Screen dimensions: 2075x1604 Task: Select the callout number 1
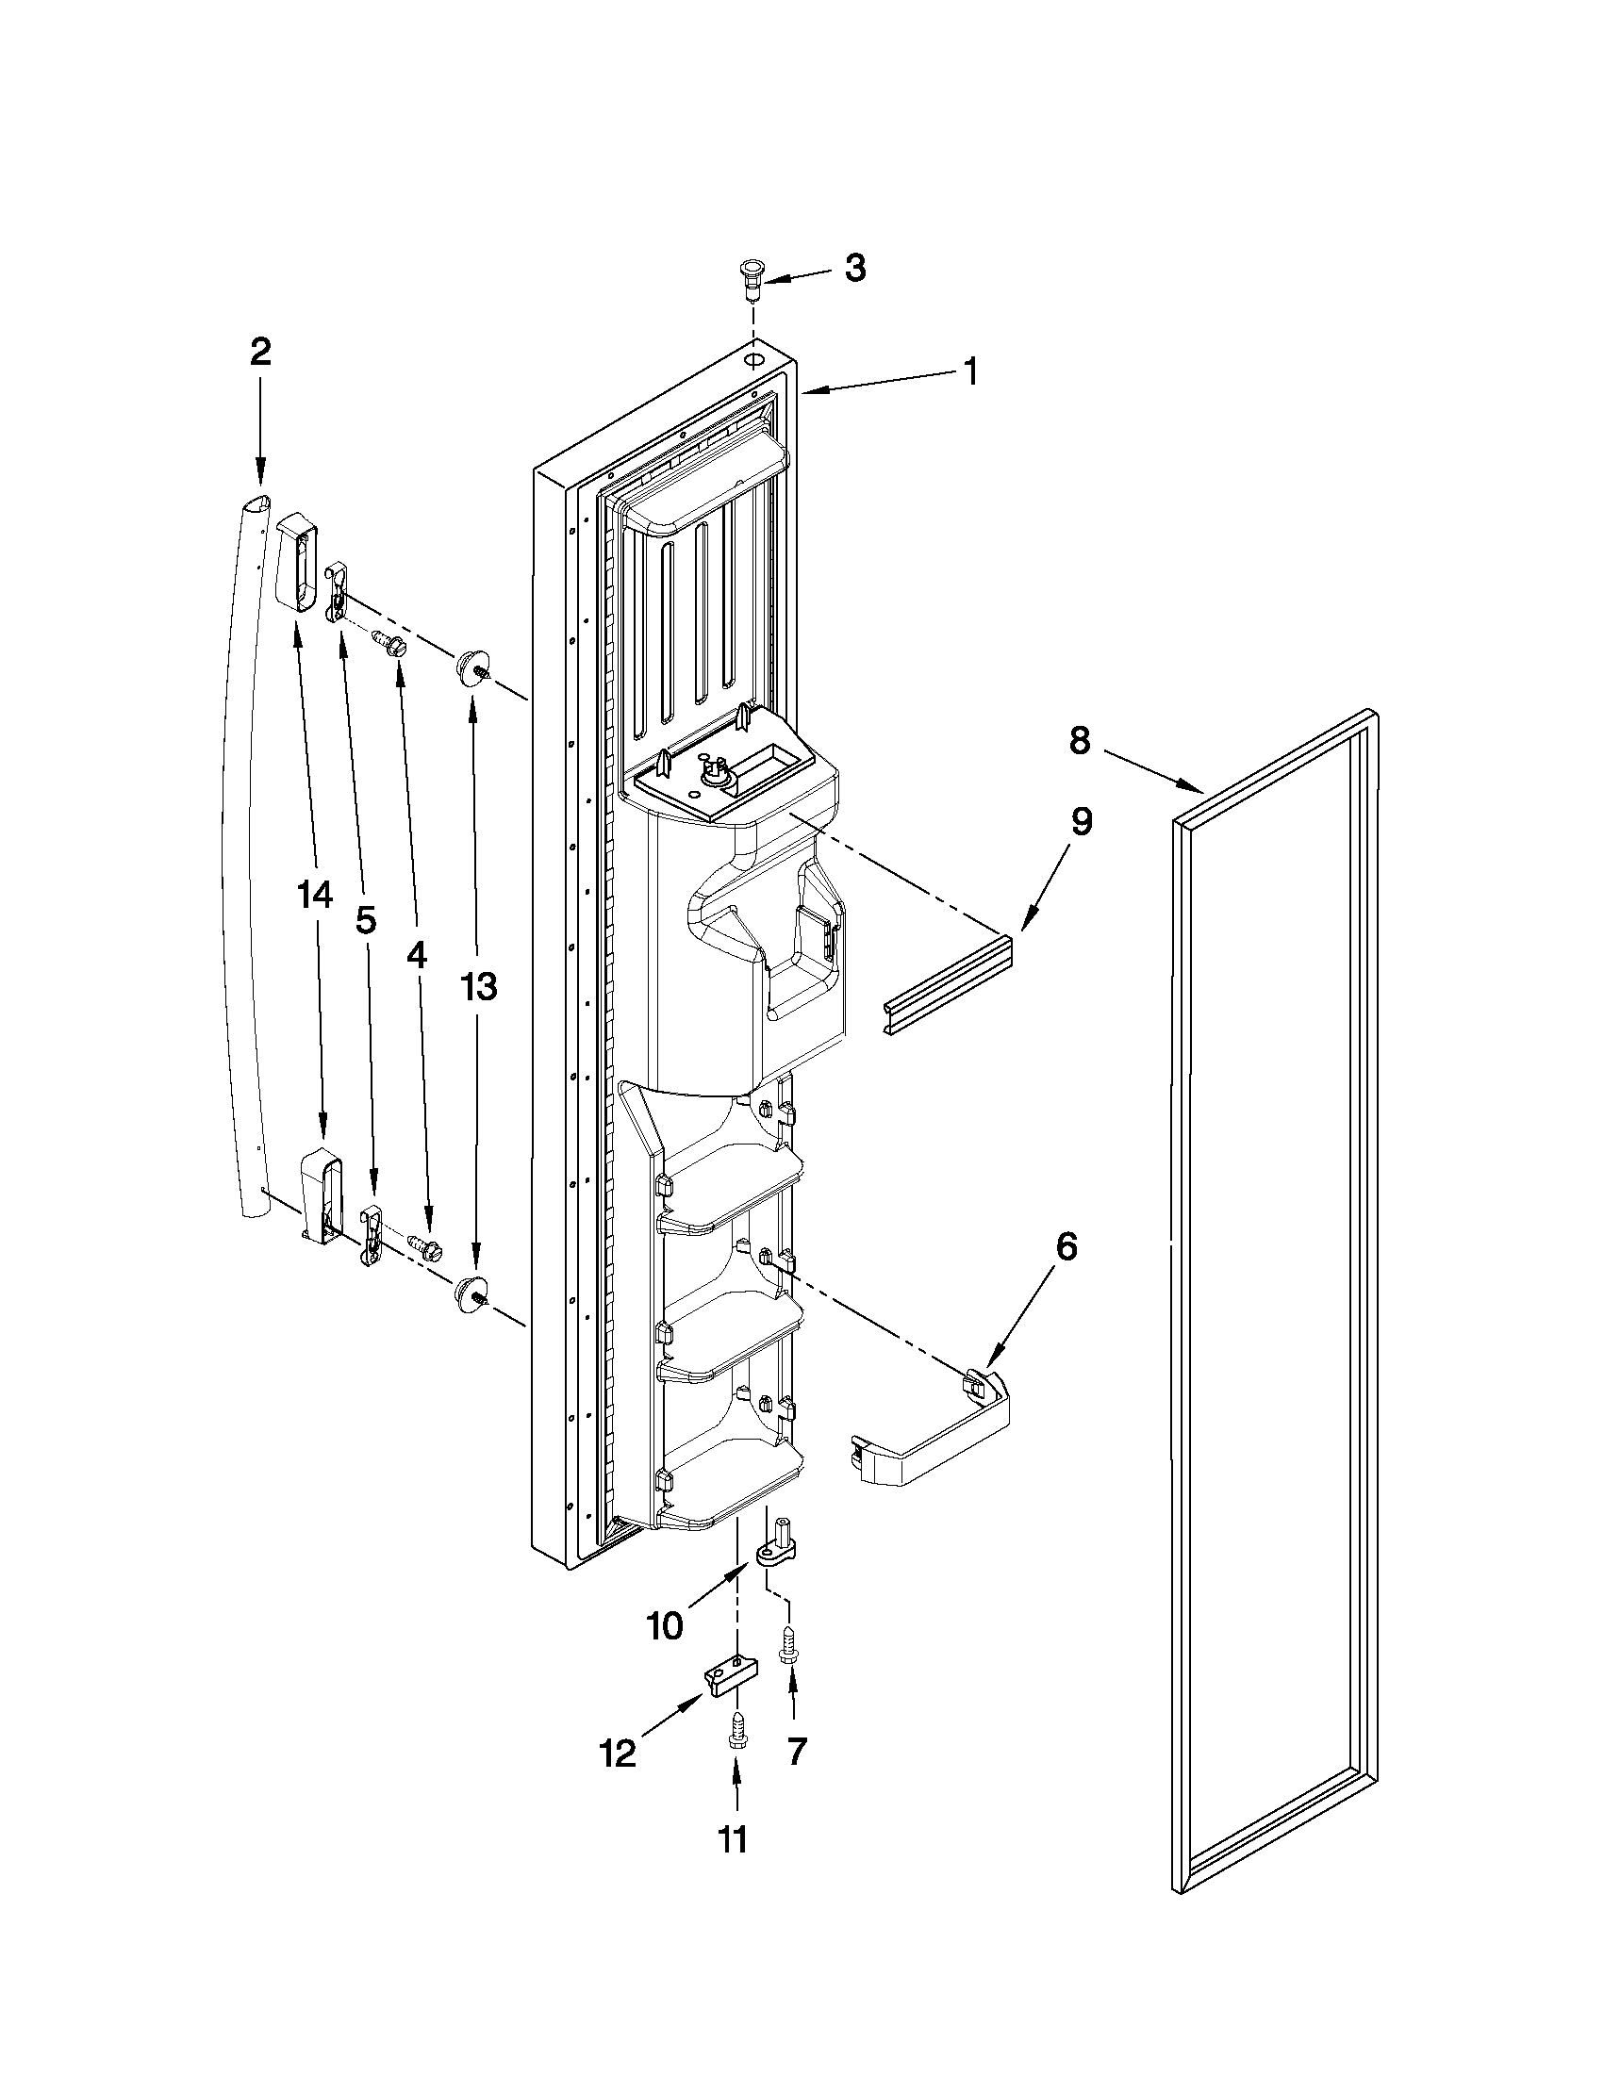click(969, 371)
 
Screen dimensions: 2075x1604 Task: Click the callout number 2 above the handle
click(260, 353)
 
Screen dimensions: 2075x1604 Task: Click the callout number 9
click(1082, 822)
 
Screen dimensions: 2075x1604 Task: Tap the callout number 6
click(1067, 1246)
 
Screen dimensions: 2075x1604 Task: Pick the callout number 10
click(664, 1626)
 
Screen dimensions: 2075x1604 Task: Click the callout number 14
click(315, 894)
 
